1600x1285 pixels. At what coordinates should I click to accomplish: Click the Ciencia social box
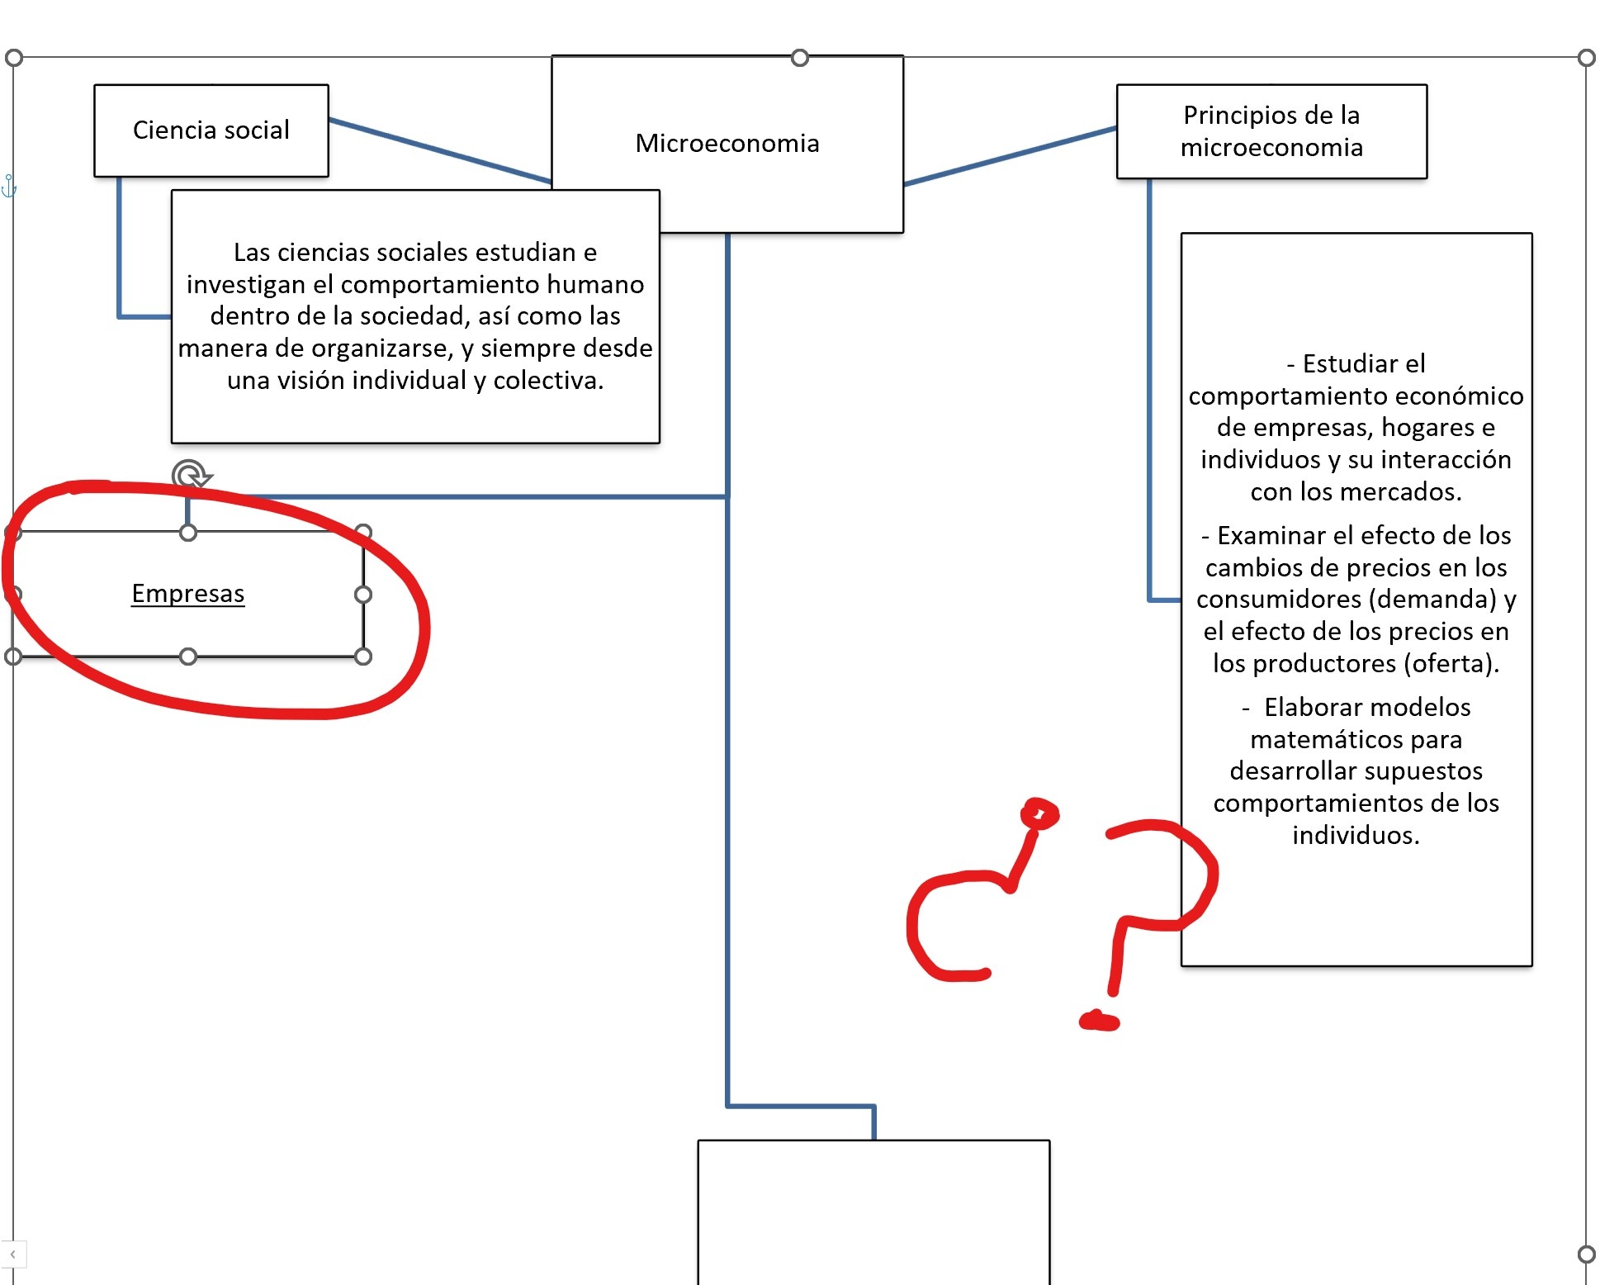[211, 130]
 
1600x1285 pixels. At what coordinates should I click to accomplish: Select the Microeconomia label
[727, 144]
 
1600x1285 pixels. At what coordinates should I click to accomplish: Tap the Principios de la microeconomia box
[1271, 131]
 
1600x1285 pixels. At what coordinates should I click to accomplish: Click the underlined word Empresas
[188, 594]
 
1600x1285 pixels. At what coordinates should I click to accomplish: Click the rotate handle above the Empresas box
[191, 476]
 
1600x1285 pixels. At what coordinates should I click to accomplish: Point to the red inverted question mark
[974, 900]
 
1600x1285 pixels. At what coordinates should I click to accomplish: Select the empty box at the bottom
[873, 1210]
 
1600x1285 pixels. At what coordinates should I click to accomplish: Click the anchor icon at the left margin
[9, 187]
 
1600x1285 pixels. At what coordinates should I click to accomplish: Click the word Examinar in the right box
[1266, 536]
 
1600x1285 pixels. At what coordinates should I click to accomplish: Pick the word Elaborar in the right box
[1316, 708]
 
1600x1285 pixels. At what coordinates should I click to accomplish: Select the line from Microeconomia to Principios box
[1010, 156]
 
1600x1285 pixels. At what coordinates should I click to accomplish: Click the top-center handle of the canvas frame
[799, 58]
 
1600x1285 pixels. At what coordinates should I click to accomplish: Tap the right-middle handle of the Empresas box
[363, 595]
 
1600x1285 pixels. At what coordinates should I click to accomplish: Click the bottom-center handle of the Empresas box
[188, 657]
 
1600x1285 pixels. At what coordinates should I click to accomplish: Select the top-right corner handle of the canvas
[1586, 58]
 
